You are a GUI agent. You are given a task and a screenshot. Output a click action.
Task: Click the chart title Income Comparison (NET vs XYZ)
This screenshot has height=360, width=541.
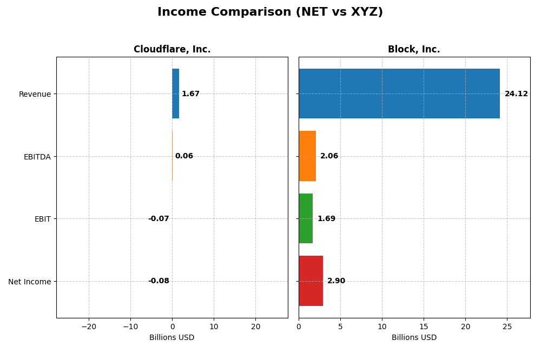(270, 12)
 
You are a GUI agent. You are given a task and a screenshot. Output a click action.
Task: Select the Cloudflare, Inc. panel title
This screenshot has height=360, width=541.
(172, 50)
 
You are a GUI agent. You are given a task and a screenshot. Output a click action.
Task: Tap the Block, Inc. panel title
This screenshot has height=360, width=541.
(414, 50)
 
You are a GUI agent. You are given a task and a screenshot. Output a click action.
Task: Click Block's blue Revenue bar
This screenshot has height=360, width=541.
(399, 94)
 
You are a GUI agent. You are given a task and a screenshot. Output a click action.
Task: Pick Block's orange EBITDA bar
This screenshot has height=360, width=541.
(307, 156)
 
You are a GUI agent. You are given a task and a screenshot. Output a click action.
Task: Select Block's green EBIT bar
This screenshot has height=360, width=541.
(306, 218)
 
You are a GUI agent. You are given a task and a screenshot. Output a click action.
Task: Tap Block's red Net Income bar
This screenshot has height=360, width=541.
(311, 281)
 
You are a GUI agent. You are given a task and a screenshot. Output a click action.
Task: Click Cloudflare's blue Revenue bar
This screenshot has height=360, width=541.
(175, 94)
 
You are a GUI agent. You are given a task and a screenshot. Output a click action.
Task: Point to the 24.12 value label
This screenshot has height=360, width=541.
(516, 94)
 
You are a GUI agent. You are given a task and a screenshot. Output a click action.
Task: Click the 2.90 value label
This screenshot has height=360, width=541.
(336, 281)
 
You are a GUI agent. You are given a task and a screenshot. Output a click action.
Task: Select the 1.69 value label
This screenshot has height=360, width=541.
(326, 219)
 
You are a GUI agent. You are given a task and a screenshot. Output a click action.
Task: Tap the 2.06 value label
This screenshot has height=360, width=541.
(329, 156)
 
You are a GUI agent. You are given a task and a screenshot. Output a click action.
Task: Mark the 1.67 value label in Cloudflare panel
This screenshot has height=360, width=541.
(190, 94)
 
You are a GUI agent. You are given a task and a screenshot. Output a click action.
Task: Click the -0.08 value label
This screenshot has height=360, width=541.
(159, 281)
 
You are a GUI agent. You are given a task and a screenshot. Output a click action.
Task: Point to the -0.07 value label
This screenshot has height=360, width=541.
(159, 219)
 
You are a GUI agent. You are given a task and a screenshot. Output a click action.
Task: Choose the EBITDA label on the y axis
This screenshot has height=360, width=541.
(37, 157)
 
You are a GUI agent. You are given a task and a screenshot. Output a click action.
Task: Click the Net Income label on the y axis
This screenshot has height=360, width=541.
(29, 282)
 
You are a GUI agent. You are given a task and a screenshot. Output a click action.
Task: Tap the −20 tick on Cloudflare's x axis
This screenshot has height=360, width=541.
(89, 326)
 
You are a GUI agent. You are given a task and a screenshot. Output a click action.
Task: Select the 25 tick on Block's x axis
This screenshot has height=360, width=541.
(507, 326)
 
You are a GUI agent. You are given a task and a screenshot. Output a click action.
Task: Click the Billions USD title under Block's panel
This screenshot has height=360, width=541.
(414, 338)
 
